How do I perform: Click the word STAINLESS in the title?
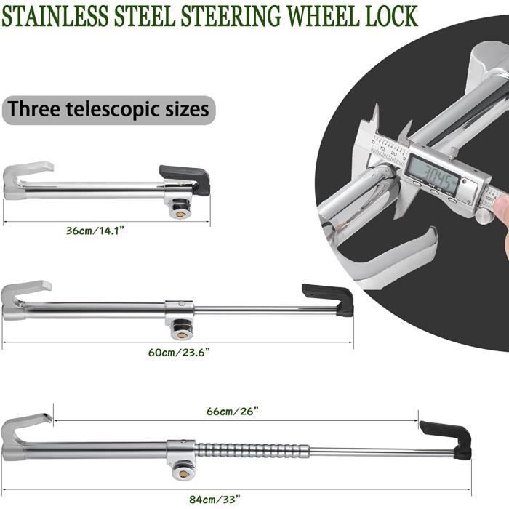55,15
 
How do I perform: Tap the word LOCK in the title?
391,15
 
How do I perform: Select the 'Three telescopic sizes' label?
108,110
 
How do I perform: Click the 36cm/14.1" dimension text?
95,231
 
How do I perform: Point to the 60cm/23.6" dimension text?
179,352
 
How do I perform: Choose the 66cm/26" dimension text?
233,411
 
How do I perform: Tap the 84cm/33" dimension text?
215,499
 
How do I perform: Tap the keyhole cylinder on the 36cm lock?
179,209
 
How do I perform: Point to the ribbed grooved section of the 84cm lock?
252,450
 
